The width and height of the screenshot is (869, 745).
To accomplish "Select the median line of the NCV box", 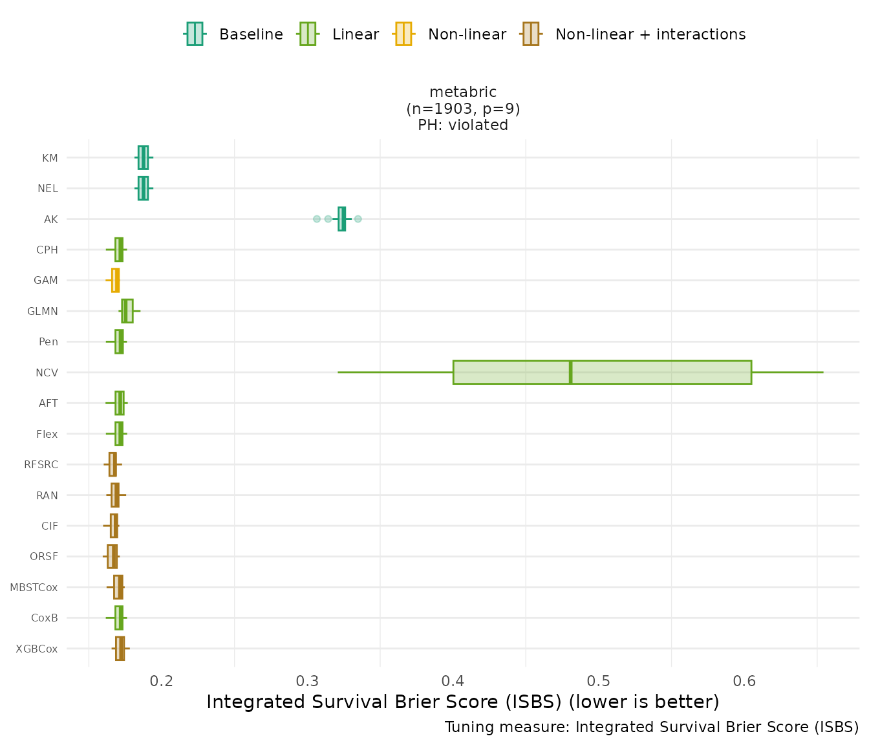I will (x=570, y=372).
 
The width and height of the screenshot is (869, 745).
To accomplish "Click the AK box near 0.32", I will (x=341, y=219).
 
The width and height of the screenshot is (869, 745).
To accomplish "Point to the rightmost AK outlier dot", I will (x=358, y=219).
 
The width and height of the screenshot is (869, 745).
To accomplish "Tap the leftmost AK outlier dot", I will (x=317, y=219).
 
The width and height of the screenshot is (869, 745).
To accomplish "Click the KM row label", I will (x=50, y=158).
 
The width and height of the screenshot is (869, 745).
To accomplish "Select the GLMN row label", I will (x=43, y=311).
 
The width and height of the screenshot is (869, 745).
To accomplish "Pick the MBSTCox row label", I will (x=34, y=587).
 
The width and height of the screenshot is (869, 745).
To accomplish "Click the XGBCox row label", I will (x=37, y=649).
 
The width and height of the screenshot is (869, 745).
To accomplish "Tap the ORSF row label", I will (x=44, y=557).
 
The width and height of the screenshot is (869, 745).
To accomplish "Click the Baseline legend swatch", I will (x=195, y=34).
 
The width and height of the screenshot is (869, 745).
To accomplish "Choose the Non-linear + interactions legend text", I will (x=650, y=34).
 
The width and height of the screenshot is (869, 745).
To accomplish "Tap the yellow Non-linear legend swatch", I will (x=403, y=34).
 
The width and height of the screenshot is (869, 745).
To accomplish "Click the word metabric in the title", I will (x=463, y=92).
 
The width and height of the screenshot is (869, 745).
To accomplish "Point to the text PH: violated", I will (x=463, y=125).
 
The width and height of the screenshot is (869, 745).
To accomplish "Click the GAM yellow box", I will (x=115, y=280).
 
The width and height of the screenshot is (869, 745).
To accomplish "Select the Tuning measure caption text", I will (x=652, y=727).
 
